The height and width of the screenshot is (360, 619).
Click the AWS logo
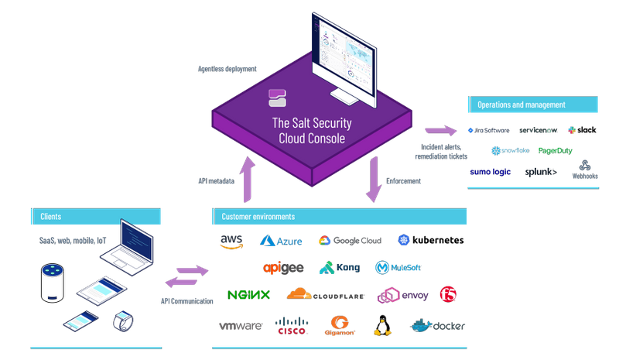pyautogui.click(x=231, y=242)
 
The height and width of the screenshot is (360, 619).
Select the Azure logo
pyautogui.click(x=280, y=242)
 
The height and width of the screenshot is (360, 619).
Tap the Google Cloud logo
pyautogui.click(x=351, y=241)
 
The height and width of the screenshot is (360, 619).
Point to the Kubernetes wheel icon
pyautogui.click(x=403, y=240)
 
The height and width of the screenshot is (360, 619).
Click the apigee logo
pyautogui.click(x=283, y=268)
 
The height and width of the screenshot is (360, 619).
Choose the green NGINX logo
pyautogui.click(x=248, y=295)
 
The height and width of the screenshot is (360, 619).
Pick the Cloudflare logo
pyautogui.click(x=318, y=294)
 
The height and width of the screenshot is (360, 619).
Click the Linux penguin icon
pyautogui.click(x=381, y=325)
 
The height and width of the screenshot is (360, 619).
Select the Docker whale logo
pyautogui.click(x=438, y=325)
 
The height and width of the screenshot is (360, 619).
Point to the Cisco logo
pyautogui.click(x=292, y=326)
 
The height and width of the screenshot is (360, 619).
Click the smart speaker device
pyautogui.click(x=51, y=283)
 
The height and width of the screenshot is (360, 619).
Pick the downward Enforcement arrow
pyautogui.click(x=374, y=179)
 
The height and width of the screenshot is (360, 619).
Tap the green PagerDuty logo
pyautogui.click(x=555, y=150)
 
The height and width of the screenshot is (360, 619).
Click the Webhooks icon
pyautogui.click(x=585, y=168)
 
